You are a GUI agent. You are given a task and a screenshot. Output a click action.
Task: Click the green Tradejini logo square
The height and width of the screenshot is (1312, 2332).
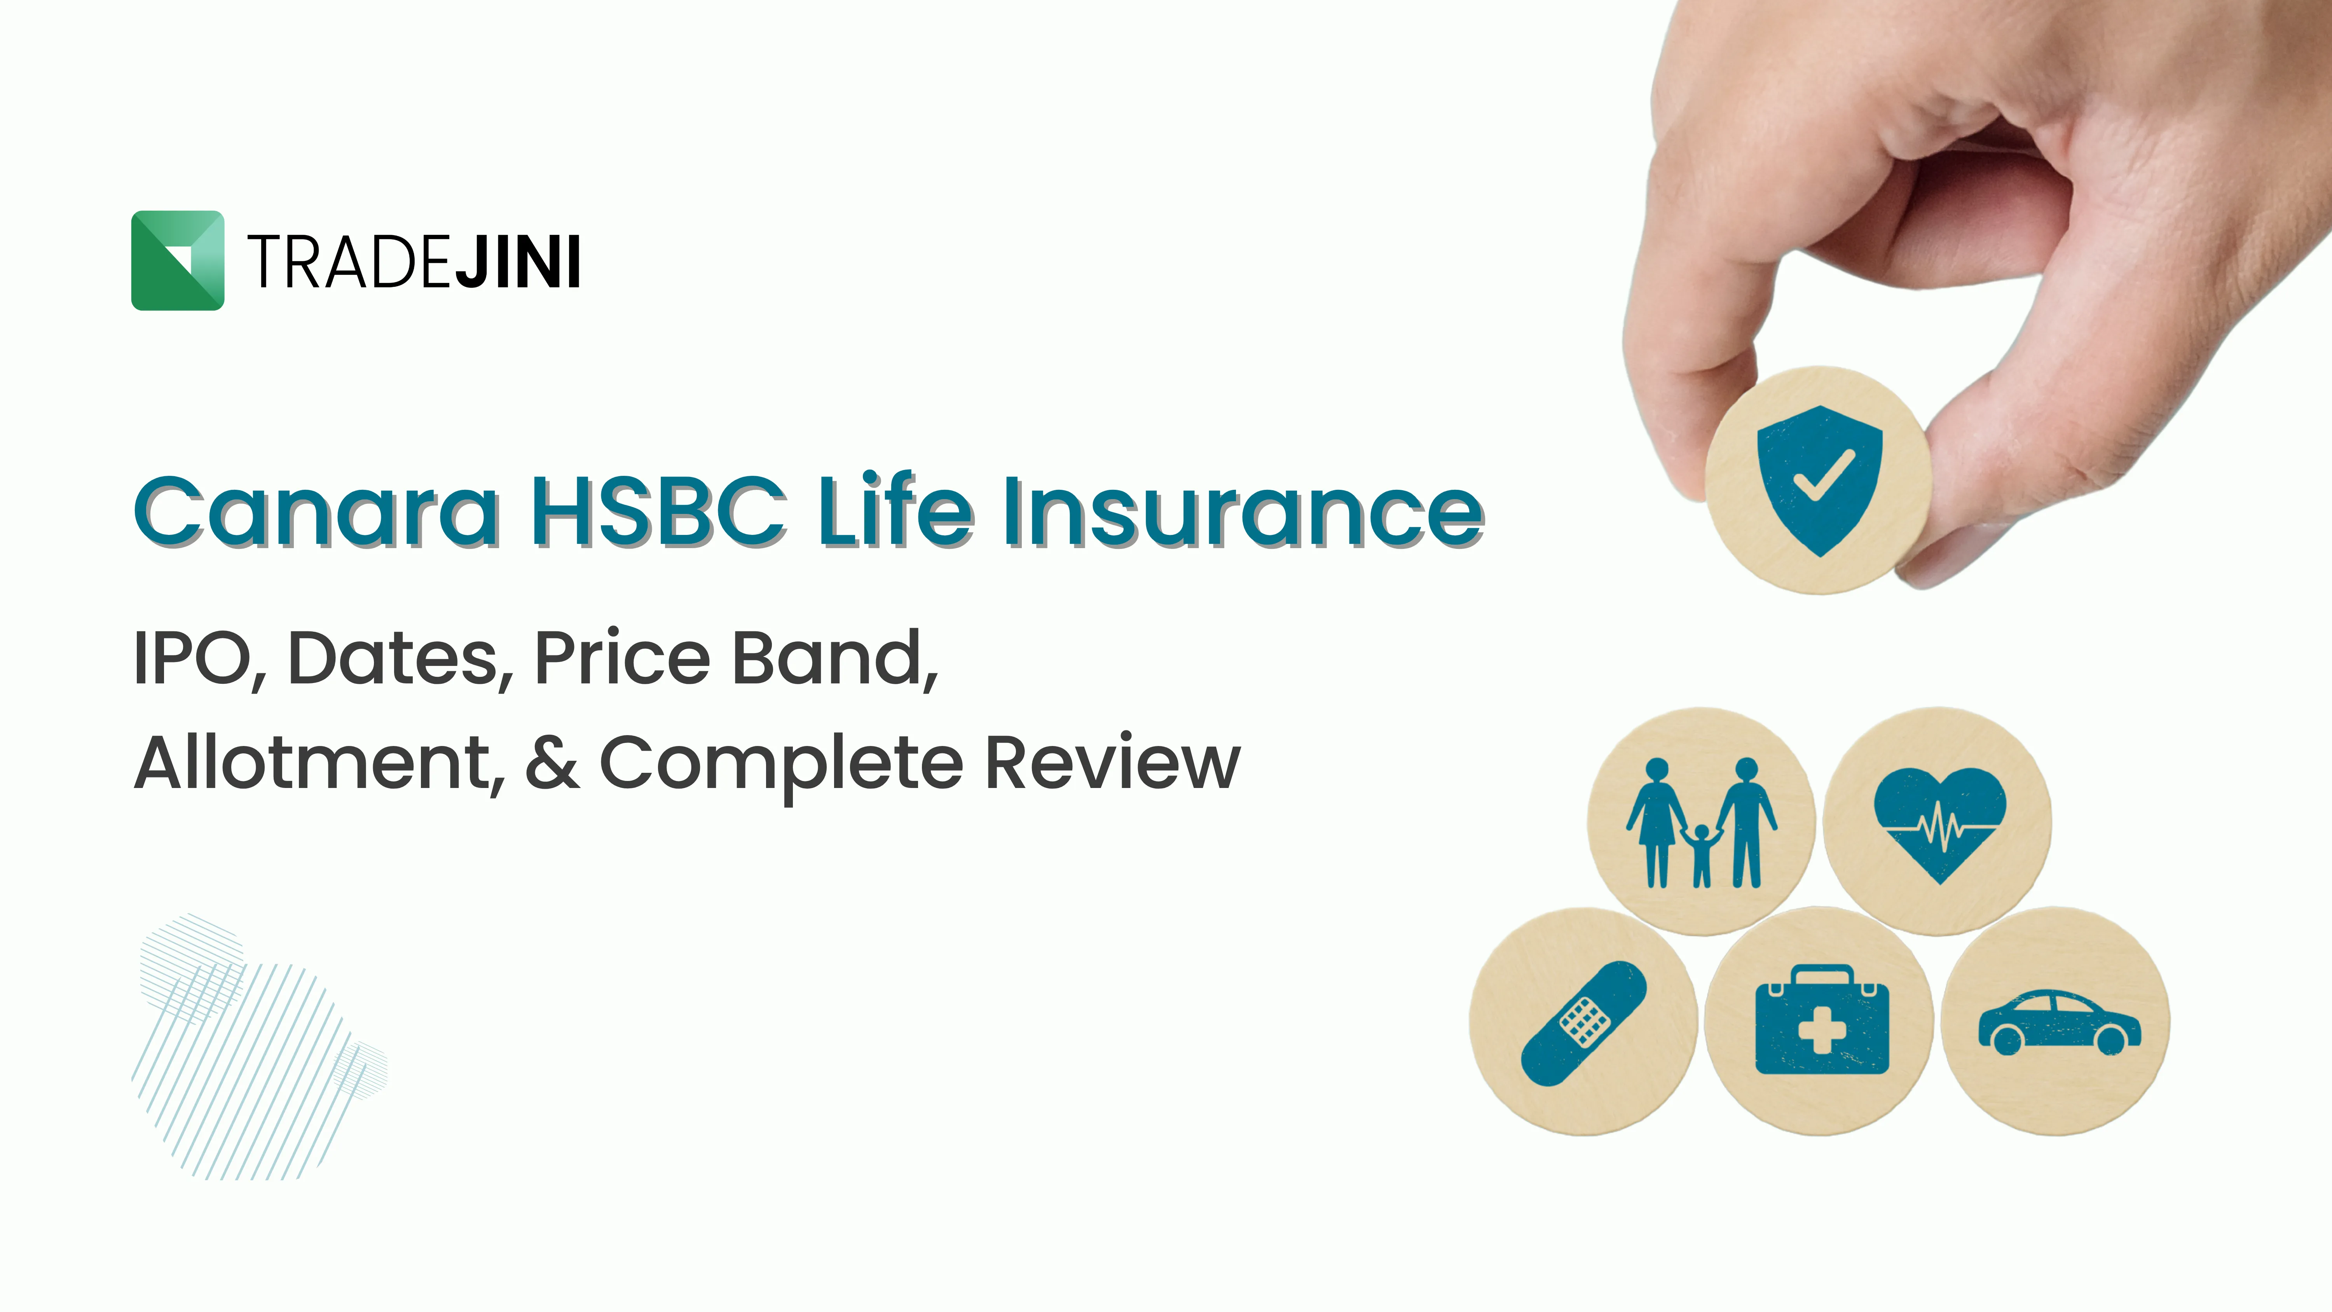pyautogui.click(x=178, y=261)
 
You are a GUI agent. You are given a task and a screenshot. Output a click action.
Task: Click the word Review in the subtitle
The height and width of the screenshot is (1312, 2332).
pyautogui.click(x=1112, y=763)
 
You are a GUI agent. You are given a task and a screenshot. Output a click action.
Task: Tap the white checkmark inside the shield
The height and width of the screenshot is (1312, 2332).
pyautogui.click(x=1823, y=475)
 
